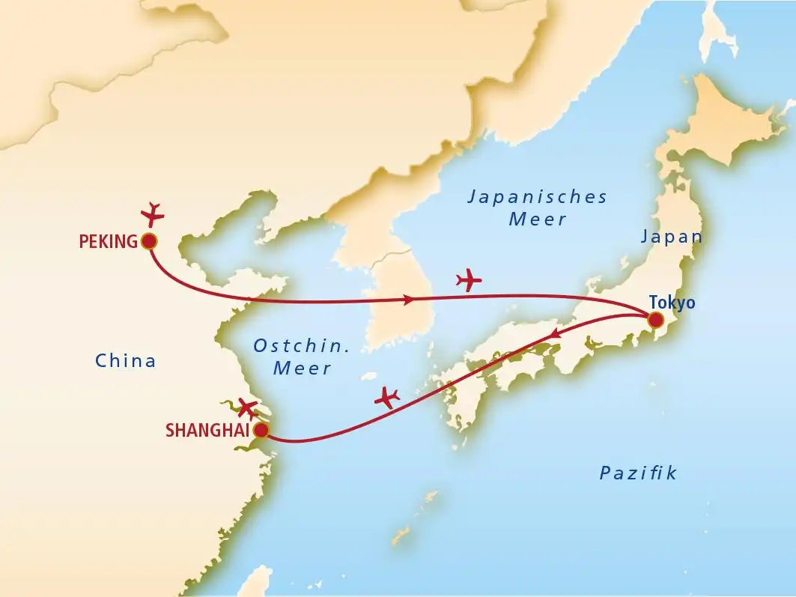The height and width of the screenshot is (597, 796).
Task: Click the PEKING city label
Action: click(x=108, y=241)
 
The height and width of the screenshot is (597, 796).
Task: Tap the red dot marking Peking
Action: click(x=148, y=241)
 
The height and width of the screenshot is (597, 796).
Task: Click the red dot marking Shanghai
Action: click(x=261, y=431)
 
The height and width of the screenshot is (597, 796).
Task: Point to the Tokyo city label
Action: click(x=672, y=303)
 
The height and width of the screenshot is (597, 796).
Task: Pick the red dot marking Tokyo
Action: click(x=655, y=321)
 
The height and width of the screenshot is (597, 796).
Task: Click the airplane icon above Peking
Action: click(x=153, y=213)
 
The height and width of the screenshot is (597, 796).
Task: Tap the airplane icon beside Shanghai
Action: click(x=248, y=408)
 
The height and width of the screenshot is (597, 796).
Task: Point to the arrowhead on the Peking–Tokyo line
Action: click(x=409, y=300)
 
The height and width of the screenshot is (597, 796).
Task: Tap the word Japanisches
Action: click(x=537, y=197)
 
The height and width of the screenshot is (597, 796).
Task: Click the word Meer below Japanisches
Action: click(x=537, y=219)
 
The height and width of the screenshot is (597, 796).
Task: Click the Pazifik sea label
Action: click(x=638, y=473)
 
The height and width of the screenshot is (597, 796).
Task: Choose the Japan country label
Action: click(x=672, y=237)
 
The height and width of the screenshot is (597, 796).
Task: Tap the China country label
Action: click(x=126, y=361)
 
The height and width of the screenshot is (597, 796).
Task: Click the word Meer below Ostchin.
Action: click(x=302, y=369)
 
